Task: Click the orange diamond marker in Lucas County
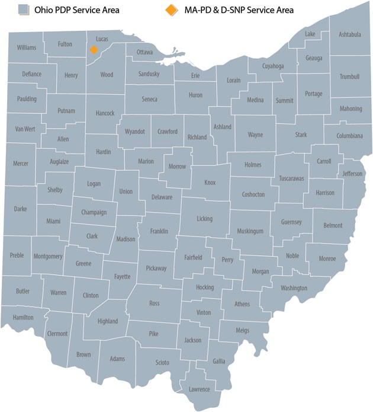[94, 50]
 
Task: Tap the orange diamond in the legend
[171, 10]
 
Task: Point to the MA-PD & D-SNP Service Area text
[238, 10]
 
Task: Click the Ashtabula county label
[349, 34]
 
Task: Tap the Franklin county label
[159, 231]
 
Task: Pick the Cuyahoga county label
[273, 66]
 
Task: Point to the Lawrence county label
[199, 389]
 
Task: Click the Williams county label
[27, 47]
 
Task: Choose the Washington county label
[294, 288]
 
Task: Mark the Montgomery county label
[49, 257]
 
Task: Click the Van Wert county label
[25, 129]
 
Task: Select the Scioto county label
[162, 362]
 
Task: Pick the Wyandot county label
[134, 132]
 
